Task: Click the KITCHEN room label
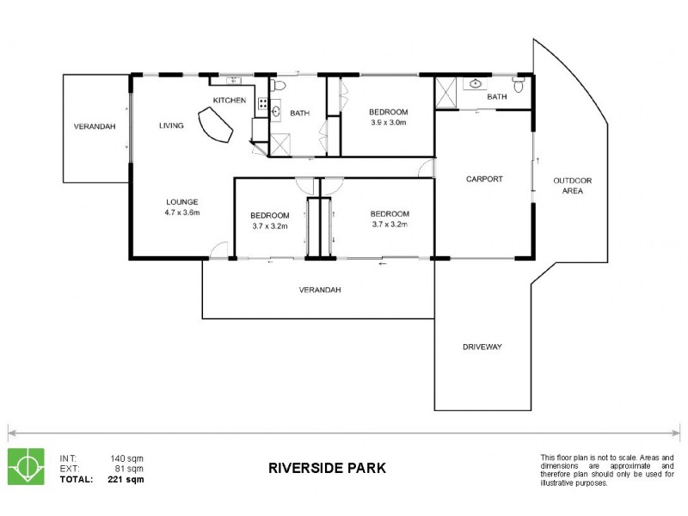point(229,101)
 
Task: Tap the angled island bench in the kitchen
point(215,125)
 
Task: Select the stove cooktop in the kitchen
point(263,103)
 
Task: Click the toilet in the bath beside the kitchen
point(278,84)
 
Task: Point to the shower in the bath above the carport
point(445,93)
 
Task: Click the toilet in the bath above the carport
point(519,85)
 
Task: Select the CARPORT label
point(484,179)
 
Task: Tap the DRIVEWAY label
point(482,347)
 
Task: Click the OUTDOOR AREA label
point(572,186)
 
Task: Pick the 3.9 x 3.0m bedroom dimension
point(389,122)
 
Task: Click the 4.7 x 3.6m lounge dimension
point(182,212)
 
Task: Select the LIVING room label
point(171,126)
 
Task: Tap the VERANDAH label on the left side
point(95,126)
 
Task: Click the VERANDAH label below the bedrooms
point(320,290)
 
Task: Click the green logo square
point(27,466)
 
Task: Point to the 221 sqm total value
point(126,479)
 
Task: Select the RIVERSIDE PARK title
point(327,468)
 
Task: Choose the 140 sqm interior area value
point(126,458)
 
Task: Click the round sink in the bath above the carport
point(476,83)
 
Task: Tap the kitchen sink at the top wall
point(233,80)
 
